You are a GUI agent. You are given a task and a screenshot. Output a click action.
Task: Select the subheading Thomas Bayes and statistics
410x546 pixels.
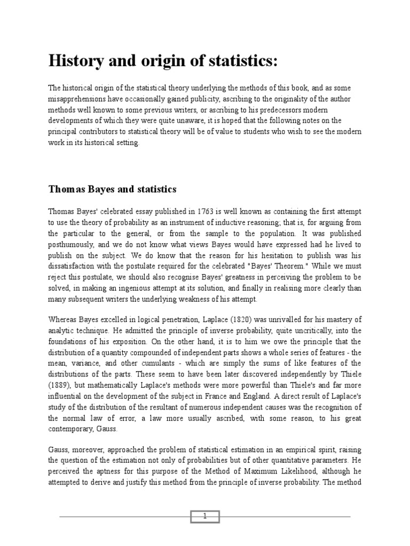click(113, 189)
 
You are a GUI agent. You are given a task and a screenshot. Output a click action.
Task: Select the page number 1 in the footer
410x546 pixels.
click(204, 516)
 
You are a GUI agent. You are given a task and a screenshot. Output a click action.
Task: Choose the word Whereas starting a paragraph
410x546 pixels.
click(65, 319)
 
